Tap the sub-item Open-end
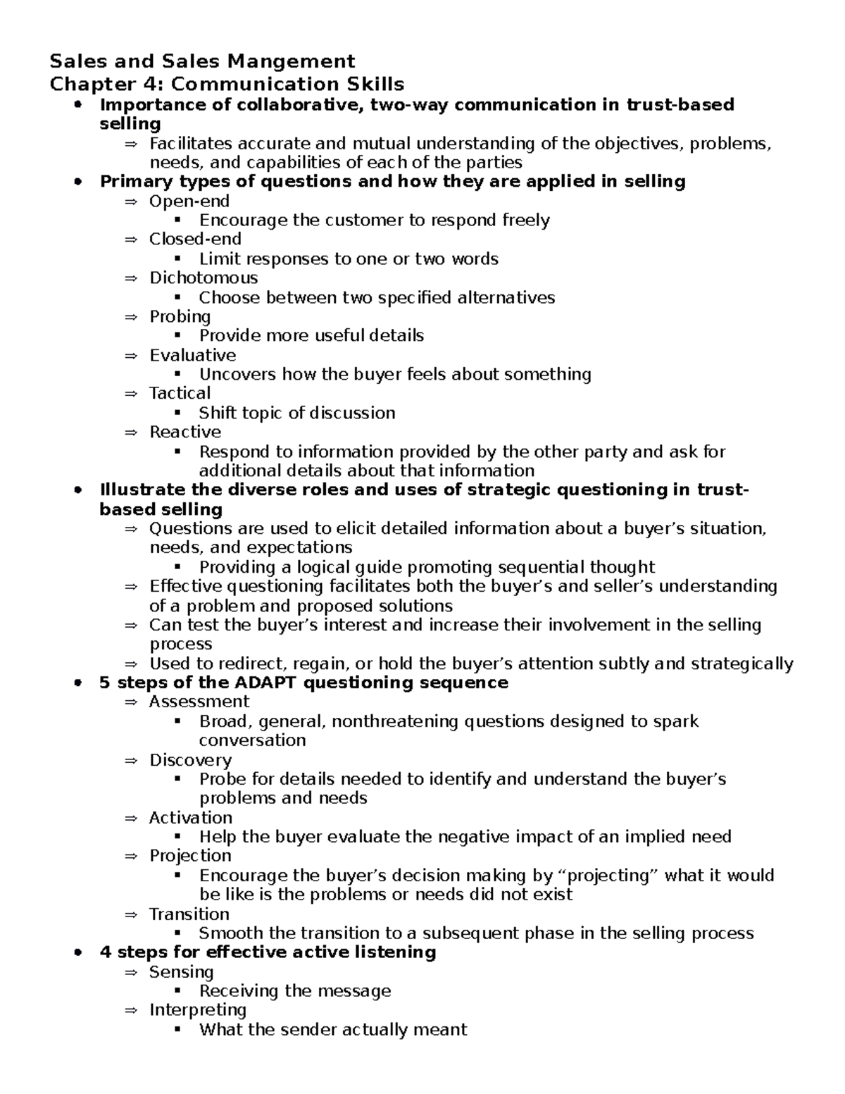click(x=189, y=201)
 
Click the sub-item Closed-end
click(x=195, y=240)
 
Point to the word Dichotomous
click(x=204, y=278)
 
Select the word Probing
click(x=180, y=317)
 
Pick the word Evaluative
click(x=192, y=355)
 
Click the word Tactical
click(x=180, y=393)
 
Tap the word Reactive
click(x=184, y=432)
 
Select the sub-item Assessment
click(x=199, y=702)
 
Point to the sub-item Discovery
click(x=190, y=760)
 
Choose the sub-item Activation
click(x=190, y=818)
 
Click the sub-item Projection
click(x=190, y=856)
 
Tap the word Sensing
click(x=181, y=972)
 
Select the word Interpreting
click(x=197, y=1010)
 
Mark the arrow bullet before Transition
click(x=130, y=914)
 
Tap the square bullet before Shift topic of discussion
click(x=177, y=413)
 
